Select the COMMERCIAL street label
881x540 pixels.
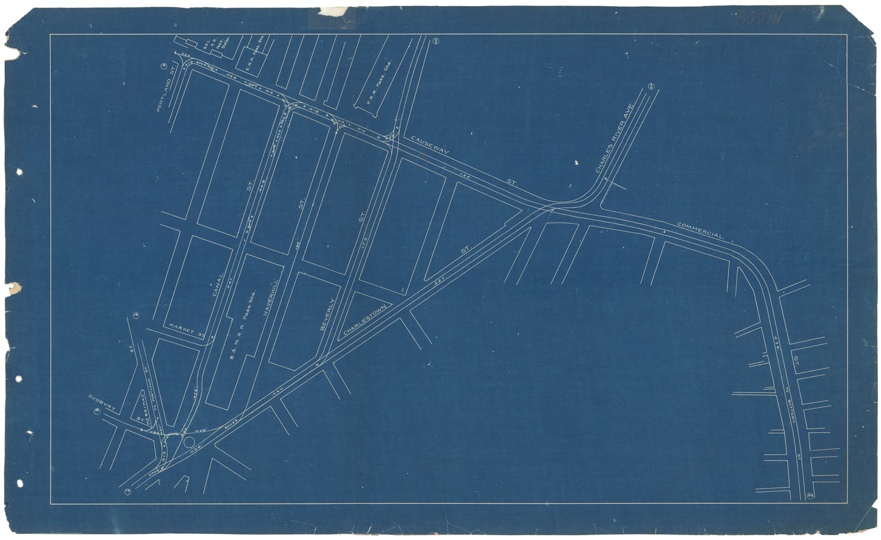point(700,230)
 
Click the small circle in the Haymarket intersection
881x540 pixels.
point(189,442)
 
